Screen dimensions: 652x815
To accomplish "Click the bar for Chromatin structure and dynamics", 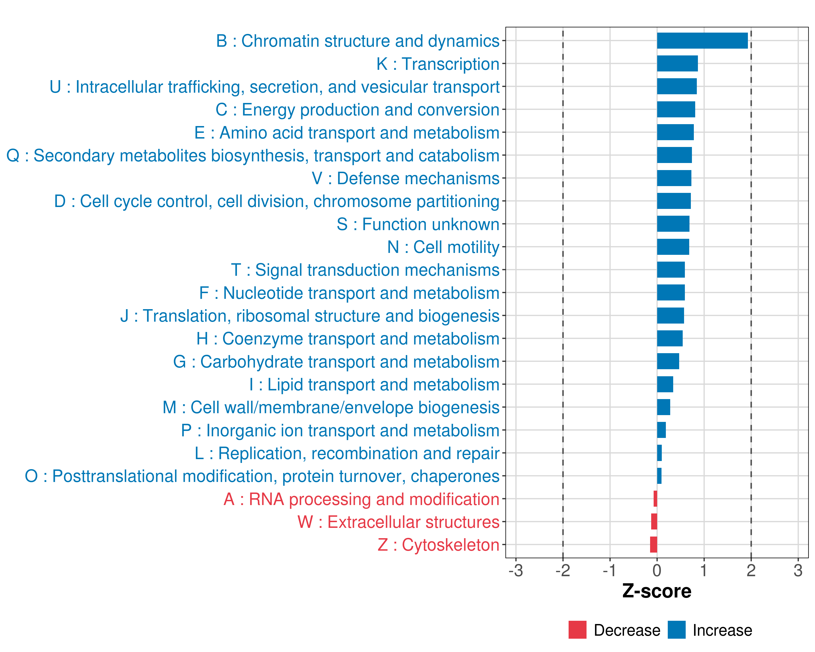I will (702, 41).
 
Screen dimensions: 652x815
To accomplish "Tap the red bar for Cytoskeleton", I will (654, 545).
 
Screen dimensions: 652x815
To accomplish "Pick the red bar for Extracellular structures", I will (654, 522).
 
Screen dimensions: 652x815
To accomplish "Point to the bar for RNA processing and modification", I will (655, 499).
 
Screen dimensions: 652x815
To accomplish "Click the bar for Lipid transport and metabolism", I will (665, 384).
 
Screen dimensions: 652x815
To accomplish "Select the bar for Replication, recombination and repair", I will (659, 453).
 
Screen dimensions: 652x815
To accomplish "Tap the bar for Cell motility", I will (673, 247).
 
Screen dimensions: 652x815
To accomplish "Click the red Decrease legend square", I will (577, 630).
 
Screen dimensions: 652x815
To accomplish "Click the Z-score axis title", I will (657, 591).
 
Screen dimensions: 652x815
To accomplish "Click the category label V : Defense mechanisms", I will (405, 178).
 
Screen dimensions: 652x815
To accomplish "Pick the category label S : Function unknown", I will (418, 224).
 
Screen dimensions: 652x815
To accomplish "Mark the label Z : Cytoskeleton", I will (438, 545).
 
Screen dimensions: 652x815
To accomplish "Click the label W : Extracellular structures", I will (399, 522).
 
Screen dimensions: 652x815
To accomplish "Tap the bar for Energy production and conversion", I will (676, 109).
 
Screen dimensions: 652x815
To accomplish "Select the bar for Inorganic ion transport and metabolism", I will (661, 430).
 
